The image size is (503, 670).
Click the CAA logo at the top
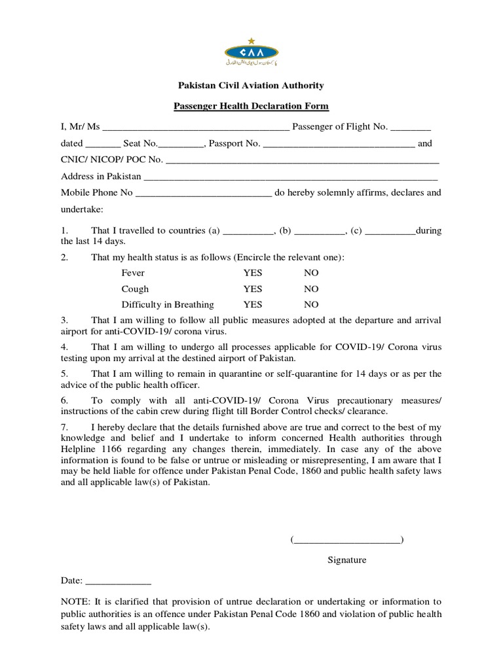[251, 53]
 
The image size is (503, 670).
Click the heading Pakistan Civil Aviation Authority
[251, 86]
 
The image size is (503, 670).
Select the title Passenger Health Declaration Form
[251, 106]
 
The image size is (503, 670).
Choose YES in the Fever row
[253, 273]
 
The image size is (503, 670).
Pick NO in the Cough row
[311, 289]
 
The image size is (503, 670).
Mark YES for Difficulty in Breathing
[253, 305]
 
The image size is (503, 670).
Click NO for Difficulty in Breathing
[311, 305]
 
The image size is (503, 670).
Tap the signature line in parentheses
[347, 540]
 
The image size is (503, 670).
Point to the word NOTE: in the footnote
[74, 602]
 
